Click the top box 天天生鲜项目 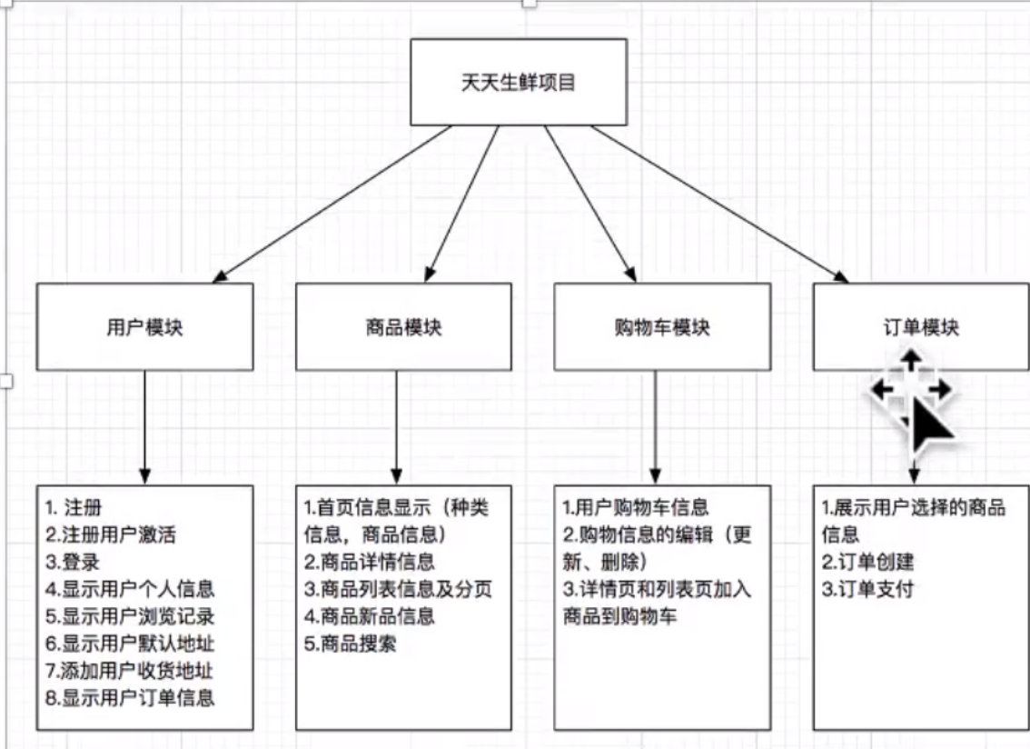(x=518, y=82)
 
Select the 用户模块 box (x=144, y=326)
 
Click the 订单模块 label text (x=920, y=326)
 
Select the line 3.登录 (x=73, y=562)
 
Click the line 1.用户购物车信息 (x=636, y=507)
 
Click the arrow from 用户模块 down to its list (x=145, y=427)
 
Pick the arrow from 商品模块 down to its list (x=397, y=427)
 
